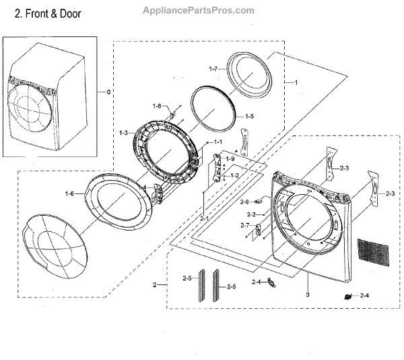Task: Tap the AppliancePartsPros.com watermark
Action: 199,10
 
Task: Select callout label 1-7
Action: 214,69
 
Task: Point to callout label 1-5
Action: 248,116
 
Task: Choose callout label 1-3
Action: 124,133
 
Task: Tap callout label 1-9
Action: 229,158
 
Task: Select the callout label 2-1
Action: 205,219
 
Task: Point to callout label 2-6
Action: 245,202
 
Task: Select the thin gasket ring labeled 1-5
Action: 212,111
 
